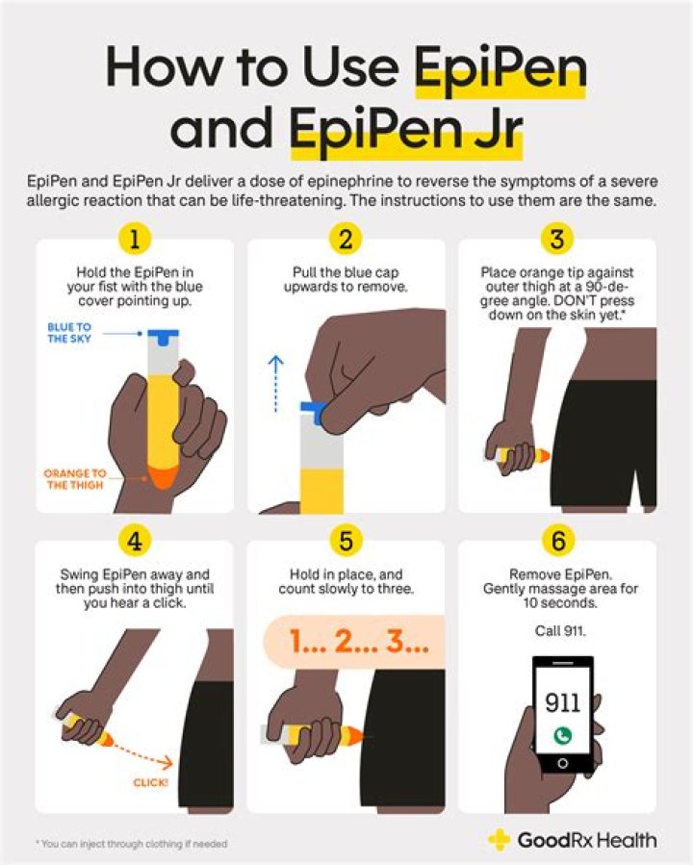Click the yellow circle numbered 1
tap(135, 238)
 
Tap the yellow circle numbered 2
tap(346, 238)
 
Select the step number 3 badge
tap(557, 238)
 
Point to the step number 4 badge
tap(135, 542)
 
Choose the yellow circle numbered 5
tap(346, 542)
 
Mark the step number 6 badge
tap(557, 542)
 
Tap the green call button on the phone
tap(563, 735)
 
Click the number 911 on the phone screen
tap(563, 700)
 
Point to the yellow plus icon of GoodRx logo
tap(500, 840)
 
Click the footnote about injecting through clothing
tap(133, 844)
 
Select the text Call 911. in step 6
tap(557, 631)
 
